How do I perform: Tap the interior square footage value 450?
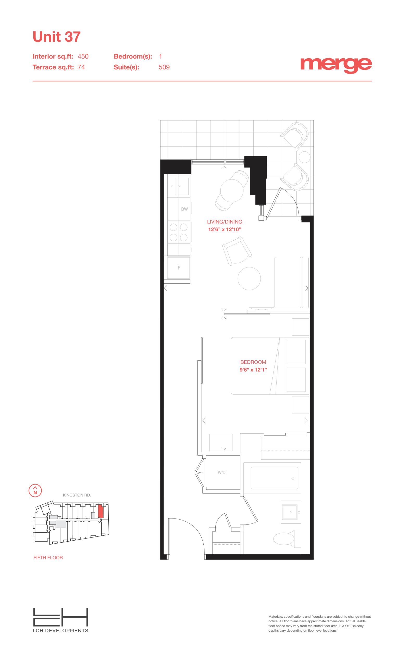coord(83,56)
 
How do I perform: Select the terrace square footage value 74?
coord(81,67)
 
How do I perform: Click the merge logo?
coord(336,65)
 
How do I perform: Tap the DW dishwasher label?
coord(184,209)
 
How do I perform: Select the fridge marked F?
coord(179,268)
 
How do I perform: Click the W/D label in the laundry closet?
coord(222,472)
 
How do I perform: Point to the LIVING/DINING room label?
coord(225,222)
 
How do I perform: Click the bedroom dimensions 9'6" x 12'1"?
coord(253,370)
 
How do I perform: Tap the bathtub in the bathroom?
coord(274,478)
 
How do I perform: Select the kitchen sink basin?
coord(182,186)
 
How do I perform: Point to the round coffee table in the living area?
coord(249,278)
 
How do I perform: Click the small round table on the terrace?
coord(304,157)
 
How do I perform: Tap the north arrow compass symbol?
coord(35,490)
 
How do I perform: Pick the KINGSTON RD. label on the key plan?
coord(77,495)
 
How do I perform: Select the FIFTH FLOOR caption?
coord(48,557)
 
